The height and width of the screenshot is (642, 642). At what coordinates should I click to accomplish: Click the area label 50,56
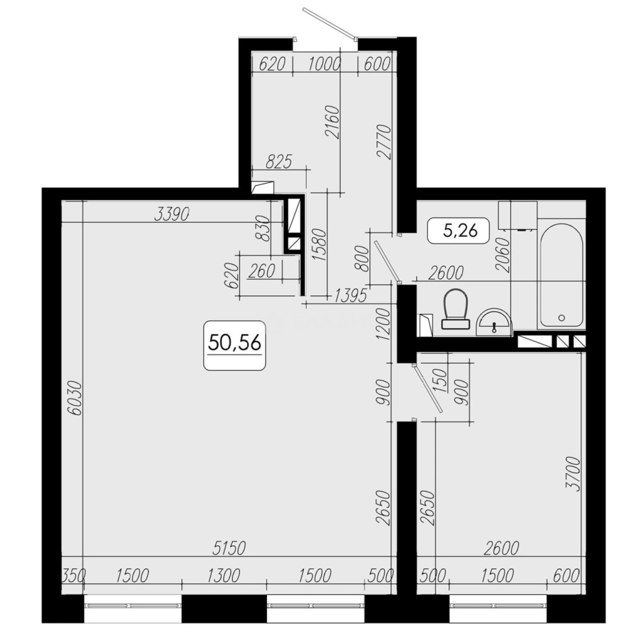click(234, 344)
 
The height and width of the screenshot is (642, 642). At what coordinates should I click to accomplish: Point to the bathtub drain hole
click(561, 317)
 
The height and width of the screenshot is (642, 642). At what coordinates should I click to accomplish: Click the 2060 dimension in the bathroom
click(503, 254)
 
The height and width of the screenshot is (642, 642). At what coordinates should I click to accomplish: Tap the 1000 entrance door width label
click(324, 64)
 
